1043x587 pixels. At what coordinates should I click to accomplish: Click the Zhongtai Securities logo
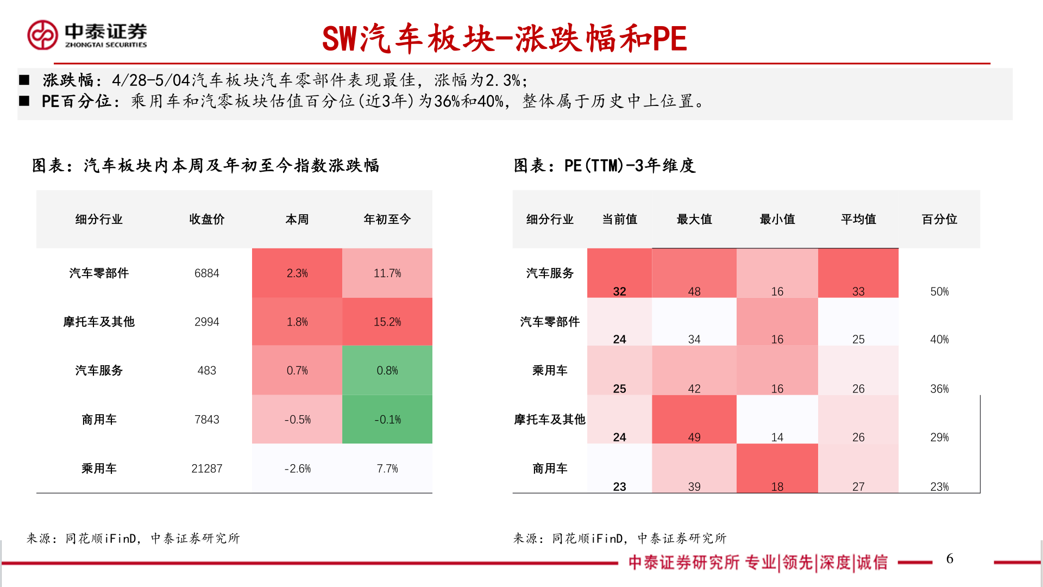[x=87, y=35]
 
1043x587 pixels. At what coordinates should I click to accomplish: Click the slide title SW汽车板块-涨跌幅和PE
[x=504, y=39]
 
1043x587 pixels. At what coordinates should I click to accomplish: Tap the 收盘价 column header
[x=206, y=220]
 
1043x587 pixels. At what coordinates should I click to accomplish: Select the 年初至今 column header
[x=387, y=220]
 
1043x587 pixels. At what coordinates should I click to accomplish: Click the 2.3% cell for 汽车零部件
[x=297, y=273]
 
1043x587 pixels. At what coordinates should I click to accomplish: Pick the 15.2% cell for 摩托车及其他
[x=387, y=322]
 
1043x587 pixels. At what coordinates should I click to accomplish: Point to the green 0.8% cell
[x=387, y=371]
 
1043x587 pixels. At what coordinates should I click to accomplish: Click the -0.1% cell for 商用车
[x=387, y=420]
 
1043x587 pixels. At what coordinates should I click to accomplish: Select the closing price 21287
[x=206, y=469]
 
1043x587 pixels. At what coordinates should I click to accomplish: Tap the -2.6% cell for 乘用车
[x=297, y=469]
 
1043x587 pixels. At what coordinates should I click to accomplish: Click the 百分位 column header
[x=939, y=220]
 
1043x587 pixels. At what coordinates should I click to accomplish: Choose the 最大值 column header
[x=694, y=220]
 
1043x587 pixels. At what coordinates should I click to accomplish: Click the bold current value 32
[x=619, y=291]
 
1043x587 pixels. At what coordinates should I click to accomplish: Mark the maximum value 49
[x=694, y=437]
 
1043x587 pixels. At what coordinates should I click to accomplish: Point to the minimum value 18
[x=777, y=486]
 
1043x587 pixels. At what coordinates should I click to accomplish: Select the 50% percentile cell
[x=939, y=291]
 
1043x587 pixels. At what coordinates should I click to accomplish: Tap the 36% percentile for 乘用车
[x=939, y=389]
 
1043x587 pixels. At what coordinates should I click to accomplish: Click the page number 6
[x=950, y=559]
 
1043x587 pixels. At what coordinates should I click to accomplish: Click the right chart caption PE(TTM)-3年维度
[x=604, y=166]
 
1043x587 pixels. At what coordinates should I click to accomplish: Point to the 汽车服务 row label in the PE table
[x=550, y=273]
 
